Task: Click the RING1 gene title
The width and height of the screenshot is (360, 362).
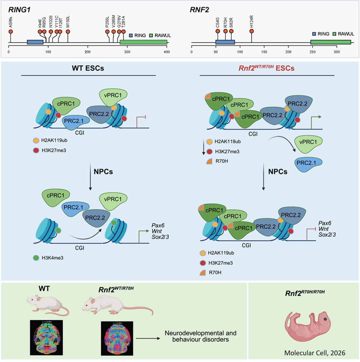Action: [x=20, y=10]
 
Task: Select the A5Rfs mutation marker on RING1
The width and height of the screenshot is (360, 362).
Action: [x=11, y=32]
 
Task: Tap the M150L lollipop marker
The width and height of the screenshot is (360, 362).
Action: [x=68, y=32]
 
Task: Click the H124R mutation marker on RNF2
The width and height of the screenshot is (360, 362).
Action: [x=252, y=31]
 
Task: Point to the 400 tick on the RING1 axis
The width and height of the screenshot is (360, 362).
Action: [x=167, y=51]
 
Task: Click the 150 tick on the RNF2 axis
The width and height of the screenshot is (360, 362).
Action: [x=264, y=51]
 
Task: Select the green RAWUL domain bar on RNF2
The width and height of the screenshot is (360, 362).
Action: [x=331, y=42]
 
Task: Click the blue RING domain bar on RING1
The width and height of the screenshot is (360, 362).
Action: [x=35, y=42]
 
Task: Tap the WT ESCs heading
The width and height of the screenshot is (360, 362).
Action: [x=88, y=68]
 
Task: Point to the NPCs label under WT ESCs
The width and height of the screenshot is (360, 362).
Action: [x=103, y=172]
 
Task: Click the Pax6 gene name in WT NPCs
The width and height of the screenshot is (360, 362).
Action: [x=158, y=225]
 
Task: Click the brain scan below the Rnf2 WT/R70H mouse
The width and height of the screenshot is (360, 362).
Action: [x=117, y=338]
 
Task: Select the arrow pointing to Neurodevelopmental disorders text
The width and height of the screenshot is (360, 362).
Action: [x=148, y=338]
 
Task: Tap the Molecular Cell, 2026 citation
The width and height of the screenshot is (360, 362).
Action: [x=315, y=353]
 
